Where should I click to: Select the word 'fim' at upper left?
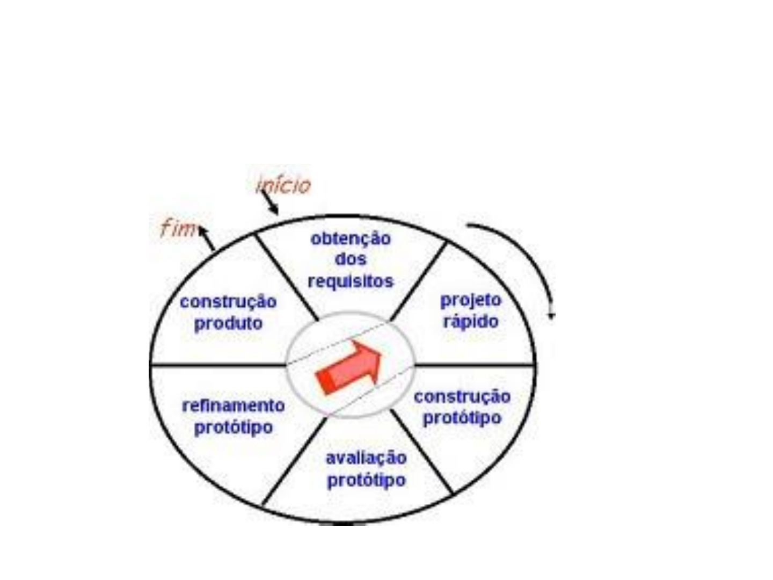coord(178,229)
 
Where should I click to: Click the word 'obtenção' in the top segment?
coord(351,238)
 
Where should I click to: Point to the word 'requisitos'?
coord(351,281)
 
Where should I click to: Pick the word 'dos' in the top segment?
coord(351,259)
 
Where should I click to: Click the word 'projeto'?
coord(471,301)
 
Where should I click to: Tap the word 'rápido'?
coord(471,322)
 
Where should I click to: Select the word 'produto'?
coord(228,324)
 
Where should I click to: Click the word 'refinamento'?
coord(233,405)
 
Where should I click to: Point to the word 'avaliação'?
coord(366,458)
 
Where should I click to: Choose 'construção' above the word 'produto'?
coord(228,302)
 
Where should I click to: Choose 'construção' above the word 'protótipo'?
coord(462,397)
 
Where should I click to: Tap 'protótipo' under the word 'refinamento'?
coord(233,427)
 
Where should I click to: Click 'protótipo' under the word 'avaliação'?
coord(366,480)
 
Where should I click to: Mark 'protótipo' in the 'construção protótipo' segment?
coord(462,418)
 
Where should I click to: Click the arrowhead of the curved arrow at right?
coord(551,314)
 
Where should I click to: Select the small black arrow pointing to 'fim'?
coord(207,239)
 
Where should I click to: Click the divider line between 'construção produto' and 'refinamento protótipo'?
coord(217,365)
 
